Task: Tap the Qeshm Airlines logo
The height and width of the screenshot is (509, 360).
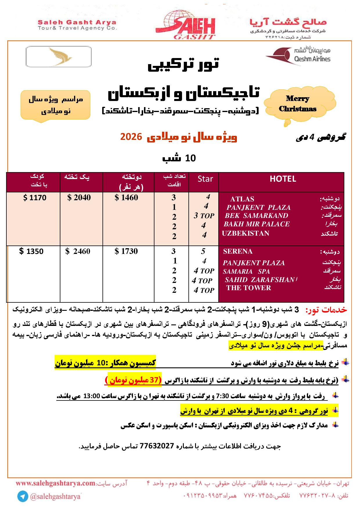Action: (x=298, y=55)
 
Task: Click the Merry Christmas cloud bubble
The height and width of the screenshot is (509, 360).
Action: (x=298, y=104)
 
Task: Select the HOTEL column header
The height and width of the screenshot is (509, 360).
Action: (x=282, y=179)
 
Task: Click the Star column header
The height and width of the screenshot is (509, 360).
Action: (x=205, y=179)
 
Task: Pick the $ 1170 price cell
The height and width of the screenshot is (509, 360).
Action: (x=35, y=198)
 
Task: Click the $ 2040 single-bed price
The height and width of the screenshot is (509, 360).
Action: (x=79, y=198)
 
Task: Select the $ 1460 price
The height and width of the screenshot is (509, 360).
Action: (x=127, y=198)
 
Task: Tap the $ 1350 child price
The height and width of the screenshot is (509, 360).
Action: (x=31, y=251)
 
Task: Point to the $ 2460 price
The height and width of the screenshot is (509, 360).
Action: (x=78, y=251)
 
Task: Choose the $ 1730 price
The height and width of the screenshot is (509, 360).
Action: (x=127, y=251)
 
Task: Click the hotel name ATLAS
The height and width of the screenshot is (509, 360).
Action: (x=242, y=199)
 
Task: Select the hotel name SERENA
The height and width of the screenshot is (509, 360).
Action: (x=238, y=251)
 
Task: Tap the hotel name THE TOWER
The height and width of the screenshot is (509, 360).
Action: (x=249, y=288)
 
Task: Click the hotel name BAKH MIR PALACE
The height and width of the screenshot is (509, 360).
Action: (x=257, y=224)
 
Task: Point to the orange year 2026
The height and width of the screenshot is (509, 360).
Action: (x=131, y=137)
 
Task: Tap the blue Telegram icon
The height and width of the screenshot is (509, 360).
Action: (x=22, y=497)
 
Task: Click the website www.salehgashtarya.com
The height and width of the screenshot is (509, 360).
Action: (x=55, y=483)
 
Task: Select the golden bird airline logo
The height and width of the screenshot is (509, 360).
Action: (x=59, y=57)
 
